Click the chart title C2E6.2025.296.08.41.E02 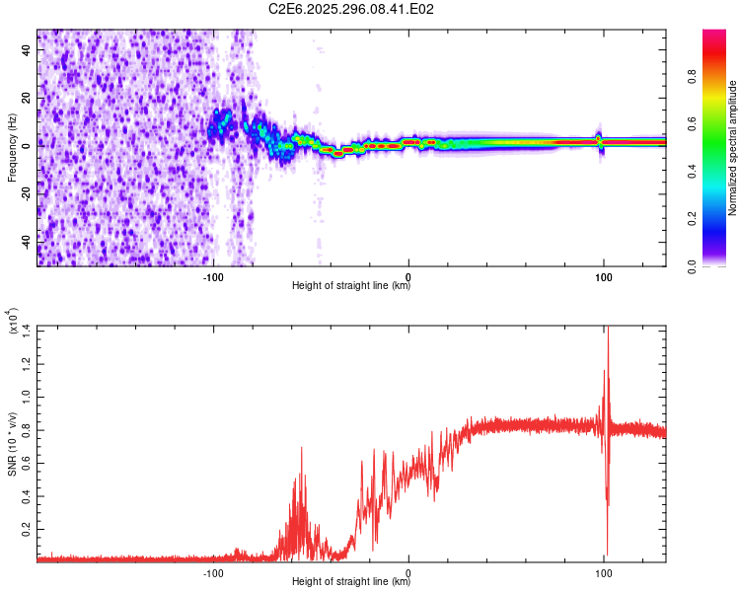[352, 9]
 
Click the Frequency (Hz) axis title [12, 148]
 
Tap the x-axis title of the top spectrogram [351, 286]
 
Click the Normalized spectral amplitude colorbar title [732, 148]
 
